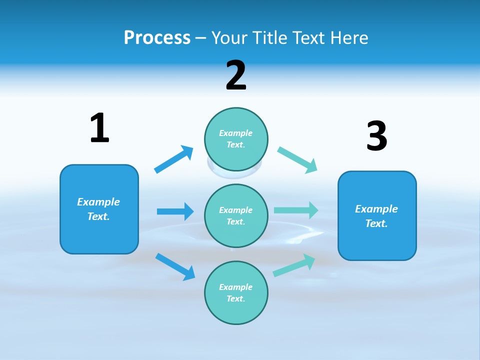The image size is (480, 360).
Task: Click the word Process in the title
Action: (x=157, y=37)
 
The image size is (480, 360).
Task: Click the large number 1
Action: (x=99, y=128)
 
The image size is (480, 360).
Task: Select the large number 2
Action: (x=236, y=75)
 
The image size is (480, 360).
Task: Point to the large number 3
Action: (x=376, y=136)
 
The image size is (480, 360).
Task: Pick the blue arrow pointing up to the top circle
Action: (x=173, y=159)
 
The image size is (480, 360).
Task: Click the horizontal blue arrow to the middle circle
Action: (x=175, y=211)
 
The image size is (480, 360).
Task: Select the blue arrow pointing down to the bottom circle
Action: (x=175, y=266)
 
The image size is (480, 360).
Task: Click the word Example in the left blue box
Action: (x=98, y=202)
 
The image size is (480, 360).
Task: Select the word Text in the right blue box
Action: (x=376, y=223)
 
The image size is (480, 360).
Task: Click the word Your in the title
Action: (x=228, y=37)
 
